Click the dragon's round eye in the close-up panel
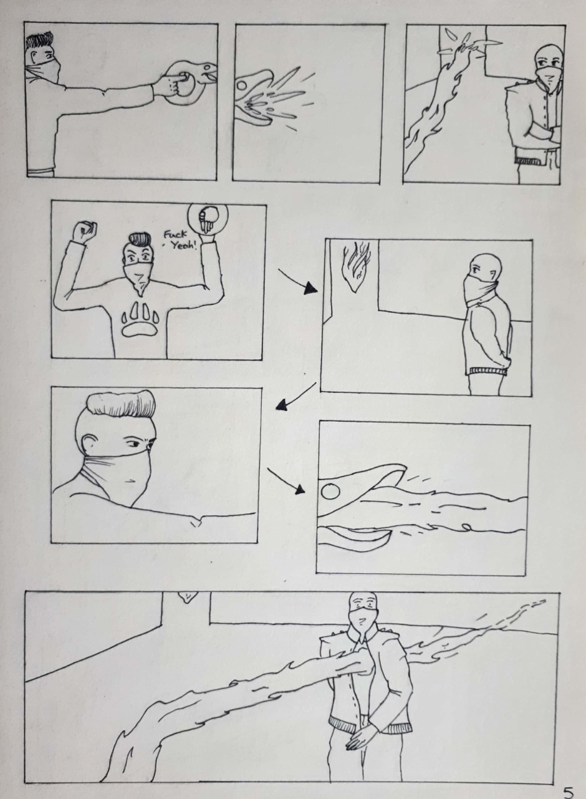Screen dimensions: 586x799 (331, 492)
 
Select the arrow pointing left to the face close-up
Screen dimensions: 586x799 (296, 396)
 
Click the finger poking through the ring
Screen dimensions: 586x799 (180, 77)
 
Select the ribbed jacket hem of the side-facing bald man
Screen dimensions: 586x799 (488, 371)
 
